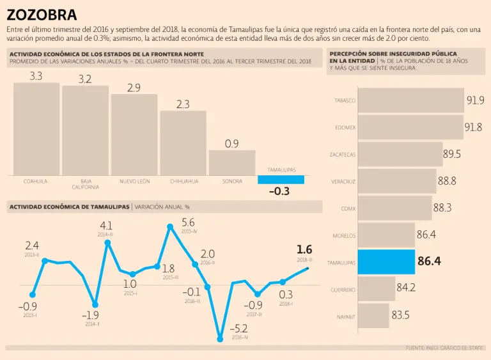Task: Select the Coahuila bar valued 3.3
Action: tap(36, 129)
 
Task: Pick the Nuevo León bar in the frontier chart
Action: tap(134, 135)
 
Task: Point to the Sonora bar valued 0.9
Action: tap(232, 163)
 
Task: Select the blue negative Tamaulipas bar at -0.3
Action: tap(281, 180)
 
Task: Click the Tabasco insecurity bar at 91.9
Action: tap(410, 100)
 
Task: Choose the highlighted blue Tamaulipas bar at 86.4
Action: tap(386, 262)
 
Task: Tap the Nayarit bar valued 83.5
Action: tap(373, 316)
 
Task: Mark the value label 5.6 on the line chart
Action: tap(188, 223)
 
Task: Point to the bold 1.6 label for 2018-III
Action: tap(304, 249)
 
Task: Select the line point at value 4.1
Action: tap(107, 242)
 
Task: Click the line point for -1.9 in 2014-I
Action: tap(95, 305)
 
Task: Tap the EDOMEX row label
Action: tap(345, 127)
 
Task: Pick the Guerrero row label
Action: tap(343, 290)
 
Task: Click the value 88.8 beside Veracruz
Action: tap(447, 181)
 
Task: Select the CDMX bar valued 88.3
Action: tap(394, 208)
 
